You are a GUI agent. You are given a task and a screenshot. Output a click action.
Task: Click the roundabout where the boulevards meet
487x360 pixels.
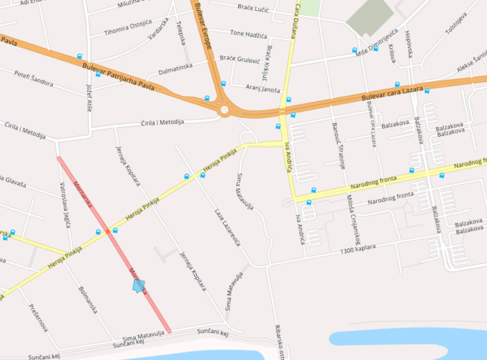coord(225,109)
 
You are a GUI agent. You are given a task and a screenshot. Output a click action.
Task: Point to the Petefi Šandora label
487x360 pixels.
coord(34,79)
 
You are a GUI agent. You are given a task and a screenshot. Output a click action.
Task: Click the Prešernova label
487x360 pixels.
coord(38,318)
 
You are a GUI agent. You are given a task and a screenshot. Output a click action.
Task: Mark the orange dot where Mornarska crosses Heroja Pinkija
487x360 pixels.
coord(106,231)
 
